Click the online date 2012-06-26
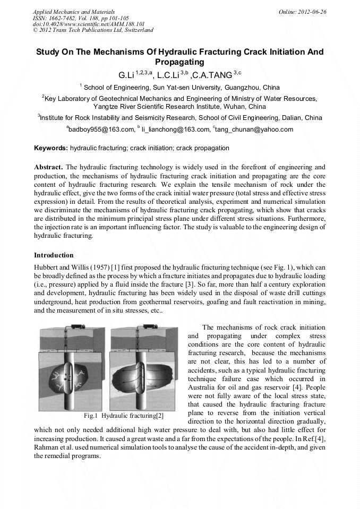click(313, 11)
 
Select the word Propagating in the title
click(179, 62)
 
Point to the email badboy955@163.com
click(101, 129)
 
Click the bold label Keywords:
click(51, 148)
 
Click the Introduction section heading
click(54, 255)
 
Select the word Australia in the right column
click(204, 387)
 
